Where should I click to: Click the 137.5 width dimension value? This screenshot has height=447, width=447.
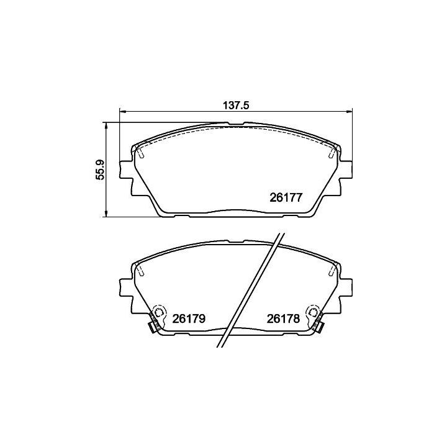tap(236, 106)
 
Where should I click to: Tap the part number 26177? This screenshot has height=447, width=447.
tap(286, 197)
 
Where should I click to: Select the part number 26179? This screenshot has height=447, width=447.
tap(189, 318)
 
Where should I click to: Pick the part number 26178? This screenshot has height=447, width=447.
tap(283, 318)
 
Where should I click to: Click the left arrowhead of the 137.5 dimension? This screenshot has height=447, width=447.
tap(122, 112)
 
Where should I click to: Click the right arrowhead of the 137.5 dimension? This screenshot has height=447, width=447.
tap(349, 112)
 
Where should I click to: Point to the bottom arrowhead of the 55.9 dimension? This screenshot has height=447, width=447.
tap(106, 213)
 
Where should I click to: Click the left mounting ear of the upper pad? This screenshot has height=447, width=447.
tap(126, 170)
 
